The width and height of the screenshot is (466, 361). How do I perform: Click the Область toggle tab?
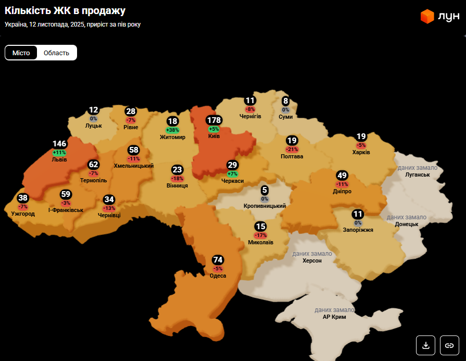pyautogui.click(x=56, y=53)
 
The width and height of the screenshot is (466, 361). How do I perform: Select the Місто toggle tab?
pyautogui.click(x=21, y=53)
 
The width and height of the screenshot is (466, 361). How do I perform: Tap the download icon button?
pyautogui.click(x=425, y=345)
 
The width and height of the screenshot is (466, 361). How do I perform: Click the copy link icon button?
pyautogui.click(x=449, y=345)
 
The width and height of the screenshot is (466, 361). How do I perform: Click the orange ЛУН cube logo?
pyautogui.click(x=427, y=17)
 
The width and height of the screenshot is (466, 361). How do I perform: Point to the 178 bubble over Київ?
pyautogui.click(x=214, y=120)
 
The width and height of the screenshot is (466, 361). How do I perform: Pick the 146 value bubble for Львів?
pyautogui.click(x=60, y=144)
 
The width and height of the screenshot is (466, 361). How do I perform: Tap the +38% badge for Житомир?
pyautogui.click(x=172, y=130)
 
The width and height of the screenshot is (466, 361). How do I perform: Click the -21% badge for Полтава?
pyautogui.click(x=292, y=150)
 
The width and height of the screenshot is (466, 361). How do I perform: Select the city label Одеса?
pyautogui.click(x=218, y=276)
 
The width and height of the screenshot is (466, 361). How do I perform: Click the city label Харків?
pyautogui.click(x=361, y=152)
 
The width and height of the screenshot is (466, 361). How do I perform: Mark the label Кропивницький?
pyautogui.click(x=265, y=206)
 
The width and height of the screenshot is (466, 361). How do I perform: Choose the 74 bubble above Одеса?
pyautogui.click(x=218, y=260)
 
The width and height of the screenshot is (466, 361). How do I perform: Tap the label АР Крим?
pyautogui.click(x=334, y=317)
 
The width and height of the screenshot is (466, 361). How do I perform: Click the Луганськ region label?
pyautogui.click(x=418, y=175)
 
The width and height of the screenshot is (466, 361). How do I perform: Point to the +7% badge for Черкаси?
pyautogui.click(x=232, y=173)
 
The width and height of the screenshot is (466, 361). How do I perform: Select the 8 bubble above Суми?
pyautogui.click(x=285, y=101)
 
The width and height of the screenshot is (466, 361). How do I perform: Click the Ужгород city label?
pyautogui.click(x=23, y=214)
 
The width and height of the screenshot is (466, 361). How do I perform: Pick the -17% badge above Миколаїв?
pyautogui.click(x=261, y=235)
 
